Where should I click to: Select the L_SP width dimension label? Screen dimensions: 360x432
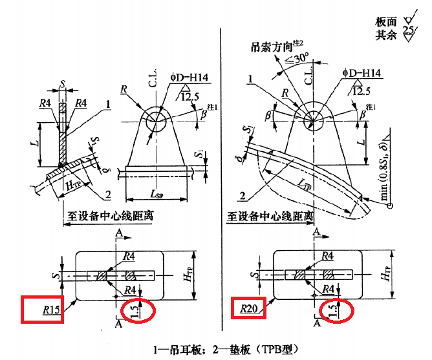(157, 194)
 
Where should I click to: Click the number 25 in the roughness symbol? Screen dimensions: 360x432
(408, 30)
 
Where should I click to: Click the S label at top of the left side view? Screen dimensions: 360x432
(62, 83)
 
